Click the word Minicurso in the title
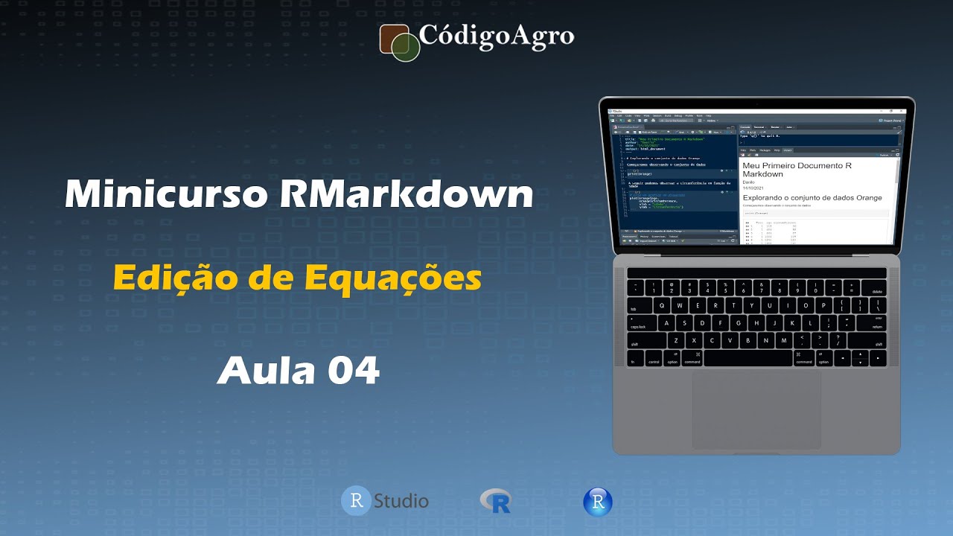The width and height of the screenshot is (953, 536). [166, 196]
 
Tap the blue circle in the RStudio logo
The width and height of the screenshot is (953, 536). [356, 500]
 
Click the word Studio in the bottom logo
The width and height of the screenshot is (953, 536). [401, 500]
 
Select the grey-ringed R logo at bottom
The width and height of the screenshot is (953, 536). [496, 500]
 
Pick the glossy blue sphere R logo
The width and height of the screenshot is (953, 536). [597, 502]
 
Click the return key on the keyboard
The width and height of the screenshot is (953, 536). [871, 323]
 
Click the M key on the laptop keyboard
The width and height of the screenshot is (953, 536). [784, 341]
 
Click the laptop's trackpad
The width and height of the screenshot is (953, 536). [756, 409]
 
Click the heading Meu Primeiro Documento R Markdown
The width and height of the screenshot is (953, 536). [797, 169]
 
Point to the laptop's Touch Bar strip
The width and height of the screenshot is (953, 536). [756, 273]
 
